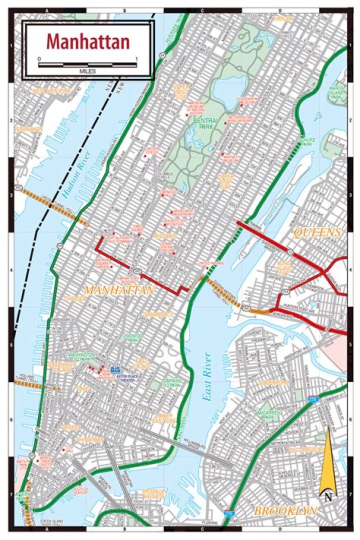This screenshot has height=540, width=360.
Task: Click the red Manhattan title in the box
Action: coord(88,42)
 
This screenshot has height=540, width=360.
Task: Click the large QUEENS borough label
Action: coord(317,232)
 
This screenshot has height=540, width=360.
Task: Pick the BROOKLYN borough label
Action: coord(285,511)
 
